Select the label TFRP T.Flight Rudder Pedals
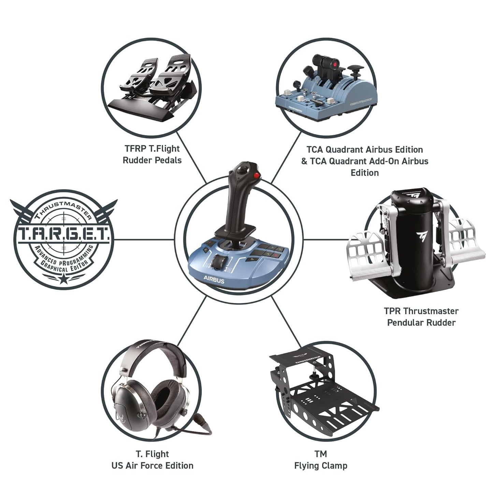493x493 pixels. [x=152, y=154]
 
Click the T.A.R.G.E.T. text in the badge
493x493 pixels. [x=64, y=234]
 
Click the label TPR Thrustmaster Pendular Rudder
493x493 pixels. [x=421, y=317]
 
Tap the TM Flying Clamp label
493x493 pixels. [x=320, y=460]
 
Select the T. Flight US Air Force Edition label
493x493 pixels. [x=152, y=460]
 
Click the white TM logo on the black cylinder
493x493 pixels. [x=421, y=235]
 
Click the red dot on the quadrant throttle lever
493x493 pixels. [x=336, y=64]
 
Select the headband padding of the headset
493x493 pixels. [x=156, y=351]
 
